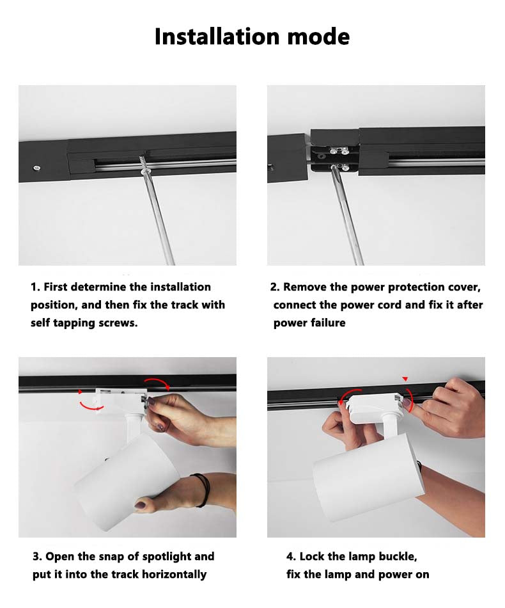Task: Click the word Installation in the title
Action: [217, 36]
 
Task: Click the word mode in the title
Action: [318, 36]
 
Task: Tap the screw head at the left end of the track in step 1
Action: [37, 168]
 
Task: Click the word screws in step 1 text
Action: [118, 323]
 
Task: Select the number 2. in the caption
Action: [275, 287]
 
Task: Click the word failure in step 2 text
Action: [328, 323]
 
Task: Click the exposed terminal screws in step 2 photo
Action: [339, 159]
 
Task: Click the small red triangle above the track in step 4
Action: [405, 379]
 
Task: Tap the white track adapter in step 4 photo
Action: [375, 408]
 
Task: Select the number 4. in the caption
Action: [291, 557]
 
